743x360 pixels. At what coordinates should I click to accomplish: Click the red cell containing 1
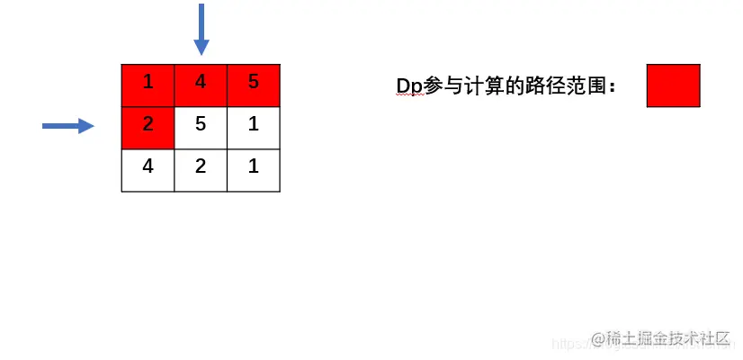pyautogui.click(x=148, y=85)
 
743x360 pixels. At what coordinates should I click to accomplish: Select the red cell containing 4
pyautogui.click(x=201, y=85)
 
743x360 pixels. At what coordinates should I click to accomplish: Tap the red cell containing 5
pyautogui.click(x=254, y=85)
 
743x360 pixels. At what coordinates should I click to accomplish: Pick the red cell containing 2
pyautogui.click(x=148, y=127)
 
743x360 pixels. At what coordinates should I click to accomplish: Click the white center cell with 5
pyautogui.click(x=201, y=127)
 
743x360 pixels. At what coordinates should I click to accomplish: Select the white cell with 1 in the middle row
pyautogui.click(x=254, y=127)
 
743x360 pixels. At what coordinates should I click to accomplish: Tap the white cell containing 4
pyautogui.click(x=148, y=169)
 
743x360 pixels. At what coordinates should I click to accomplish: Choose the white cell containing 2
pyautogui.click(x=201, y=169)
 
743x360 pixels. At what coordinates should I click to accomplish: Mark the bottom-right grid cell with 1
pyautogui.click(x=254, y=169)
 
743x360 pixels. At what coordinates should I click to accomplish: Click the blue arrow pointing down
pyautogui.click(x=201, y=27)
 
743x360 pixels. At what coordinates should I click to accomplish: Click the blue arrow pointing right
pyautogui.click(x=67, y=126)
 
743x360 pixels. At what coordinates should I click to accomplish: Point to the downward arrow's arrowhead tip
pyautogui.click(x=201, y=53)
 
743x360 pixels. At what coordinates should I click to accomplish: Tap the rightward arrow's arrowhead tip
pyautogui.click(x=93, y=126)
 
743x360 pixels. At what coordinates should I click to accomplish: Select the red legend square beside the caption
pyautogui.click(x=673, y=85)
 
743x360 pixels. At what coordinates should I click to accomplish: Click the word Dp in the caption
pyautogui.click(x=409, y=86)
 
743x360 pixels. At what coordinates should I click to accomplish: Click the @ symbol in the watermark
pyautogui.click(x=597, y=339)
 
